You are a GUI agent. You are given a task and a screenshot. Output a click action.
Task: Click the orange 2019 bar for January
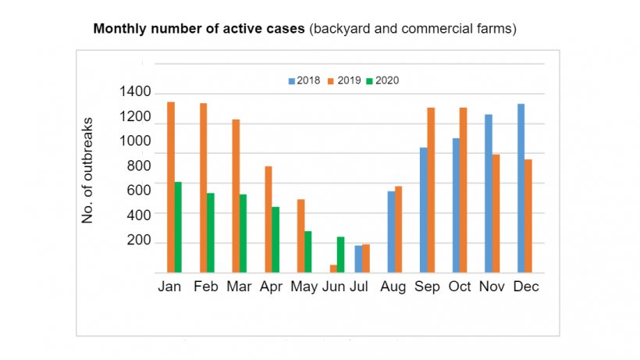171,187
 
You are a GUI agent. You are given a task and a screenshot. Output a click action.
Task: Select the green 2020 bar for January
178,227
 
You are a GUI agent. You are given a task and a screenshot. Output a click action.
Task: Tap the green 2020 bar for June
340,255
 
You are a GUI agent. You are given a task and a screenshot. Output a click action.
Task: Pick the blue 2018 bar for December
521,188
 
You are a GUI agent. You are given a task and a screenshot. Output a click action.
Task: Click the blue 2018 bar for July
358,258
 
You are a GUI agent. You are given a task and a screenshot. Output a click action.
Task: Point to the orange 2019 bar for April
268,219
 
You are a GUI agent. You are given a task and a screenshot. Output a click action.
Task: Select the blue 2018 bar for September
423,210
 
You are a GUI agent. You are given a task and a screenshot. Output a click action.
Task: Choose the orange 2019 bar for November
496,213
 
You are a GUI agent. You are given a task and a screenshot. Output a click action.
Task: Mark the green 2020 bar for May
308,251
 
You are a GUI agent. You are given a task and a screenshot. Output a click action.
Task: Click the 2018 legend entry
305,80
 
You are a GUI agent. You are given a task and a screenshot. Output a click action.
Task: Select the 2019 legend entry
344,80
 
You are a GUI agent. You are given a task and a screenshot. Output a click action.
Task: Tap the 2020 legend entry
383,80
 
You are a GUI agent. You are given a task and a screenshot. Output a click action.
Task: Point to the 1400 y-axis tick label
135,92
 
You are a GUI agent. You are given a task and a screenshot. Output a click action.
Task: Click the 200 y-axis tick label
135,241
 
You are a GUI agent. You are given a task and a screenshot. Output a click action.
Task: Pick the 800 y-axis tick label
135,166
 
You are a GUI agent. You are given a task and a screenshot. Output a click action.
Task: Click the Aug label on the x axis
393,287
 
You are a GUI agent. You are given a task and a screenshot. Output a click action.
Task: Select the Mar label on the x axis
239,287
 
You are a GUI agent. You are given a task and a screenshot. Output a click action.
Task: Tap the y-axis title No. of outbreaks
88,171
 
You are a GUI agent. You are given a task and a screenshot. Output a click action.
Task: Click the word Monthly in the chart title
118,30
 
